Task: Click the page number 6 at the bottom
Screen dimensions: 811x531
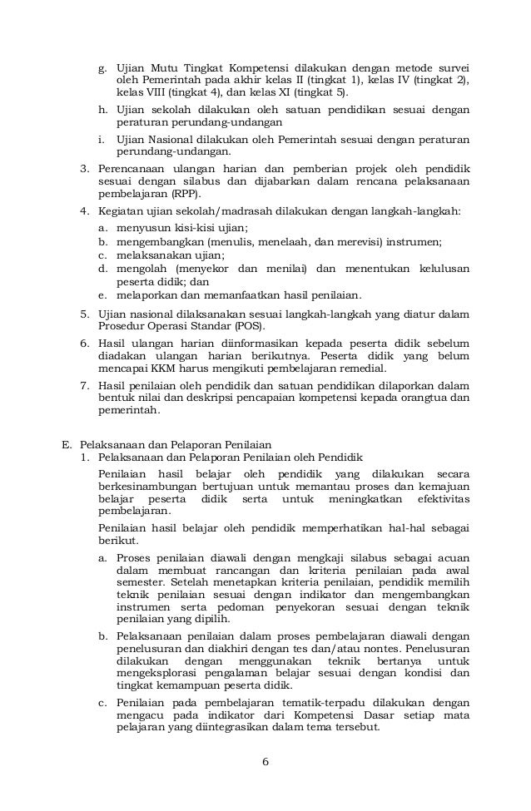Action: click(265, 762)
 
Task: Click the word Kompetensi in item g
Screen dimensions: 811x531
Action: click(256, 66)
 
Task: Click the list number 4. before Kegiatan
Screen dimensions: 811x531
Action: click(85, 211)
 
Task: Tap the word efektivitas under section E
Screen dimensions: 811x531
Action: click(440, 498)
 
